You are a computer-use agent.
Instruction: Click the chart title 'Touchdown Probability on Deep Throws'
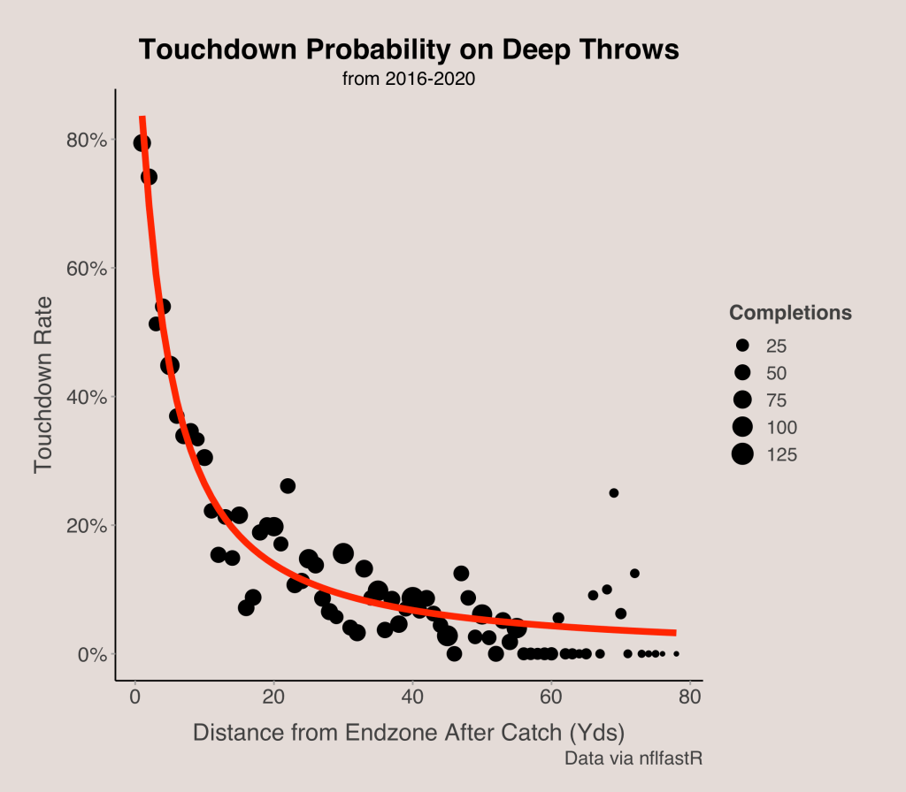(x=409, y=50)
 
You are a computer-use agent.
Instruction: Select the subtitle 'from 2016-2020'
(x=409, y=80)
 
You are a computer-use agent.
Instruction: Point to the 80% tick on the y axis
(x=88, y=141)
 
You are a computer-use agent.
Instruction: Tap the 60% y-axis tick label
(x=88, y=269)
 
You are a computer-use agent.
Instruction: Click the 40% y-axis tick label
(x=88, y=398)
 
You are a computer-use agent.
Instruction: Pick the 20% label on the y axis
(x=88, y=526)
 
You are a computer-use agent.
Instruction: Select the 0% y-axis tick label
(x=93, y=655)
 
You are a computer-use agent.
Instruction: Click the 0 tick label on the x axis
(x=134, y=697)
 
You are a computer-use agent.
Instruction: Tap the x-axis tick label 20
(x=273, y=697)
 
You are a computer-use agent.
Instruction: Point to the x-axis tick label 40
(x=412, y=697)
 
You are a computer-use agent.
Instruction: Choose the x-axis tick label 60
(x=551, y=697)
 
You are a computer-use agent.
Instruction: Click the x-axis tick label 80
(x=690, y=697)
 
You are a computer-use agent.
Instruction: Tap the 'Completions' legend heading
(x=790, y=313)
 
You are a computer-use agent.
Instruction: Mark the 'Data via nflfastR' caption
(x=633, y=758)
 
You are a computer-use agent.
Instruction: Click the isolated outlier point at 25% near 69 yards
(x=614, y=493)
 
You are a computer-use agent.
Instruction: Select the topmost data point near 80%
(x=142, y=143)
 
